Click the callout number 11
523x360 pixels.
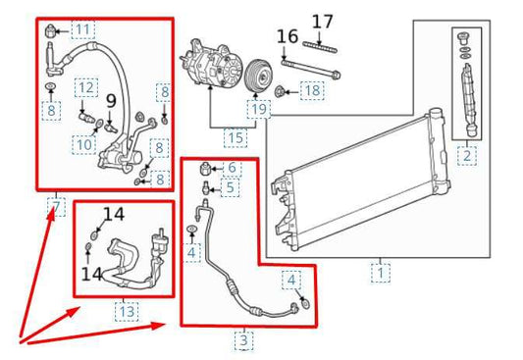click(x=80, y=28)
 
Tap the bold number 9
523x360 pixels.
click(x=111, y=100)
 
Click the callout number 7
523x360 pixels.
click(x=56, y=207)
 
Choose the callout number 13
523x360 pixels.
click(x=128, y=312)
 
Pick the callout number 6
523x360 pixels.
click(x=232, y=168)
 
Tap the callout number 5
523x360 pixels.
click(x=230, y=186)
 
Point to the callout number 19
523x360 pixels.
click(x=258, y=110)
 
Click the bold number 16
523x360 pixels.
click(x=286, y=37)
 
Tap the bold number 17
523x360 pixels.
click(x=324, y=20)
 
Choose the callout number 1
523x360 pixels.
click(x=380, y=273)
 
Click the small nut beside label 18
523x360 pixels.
click(x=282, y=92)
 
